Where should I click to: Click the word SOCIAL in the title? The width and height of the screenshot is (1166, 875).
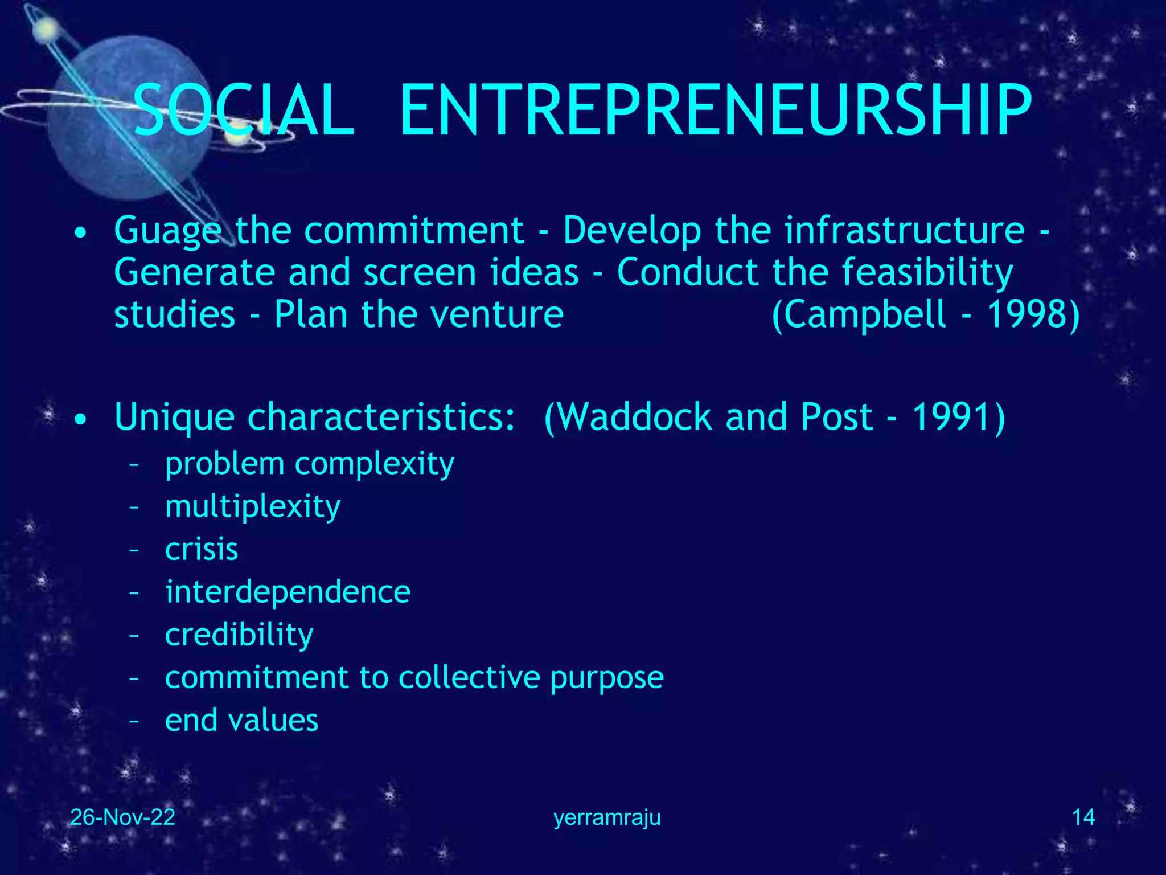(x=244, y=111)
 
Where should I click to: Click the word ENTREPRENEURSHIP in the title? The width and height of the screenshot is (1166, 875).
(x=715, y=111)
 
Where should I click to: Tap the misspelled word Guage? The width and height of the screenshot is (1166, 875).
(x=167, y=231)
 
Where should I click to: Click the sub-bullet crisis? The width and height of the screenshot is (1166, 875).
(x=202, y=550)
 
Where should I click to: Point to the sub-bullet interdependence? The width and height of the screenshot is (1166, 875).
(x=288, y=592)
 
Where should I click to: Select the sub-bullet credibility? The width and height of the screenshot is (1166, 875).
(x=239, y=635)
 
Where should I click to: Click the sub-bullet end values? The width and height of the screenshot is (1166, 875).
(x=241, y=721)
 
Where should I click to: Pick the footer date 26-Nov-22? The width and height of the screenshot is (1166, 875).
(x=122, y=817)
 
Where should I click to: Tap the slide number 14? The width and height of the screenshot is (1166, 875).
(x=1083, y=817)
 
